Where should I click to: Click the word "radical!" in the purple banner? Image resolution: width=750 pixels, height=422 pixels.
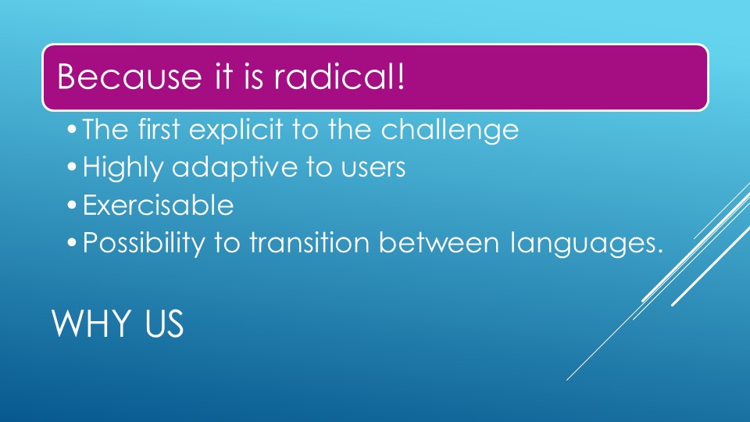pos(339,77)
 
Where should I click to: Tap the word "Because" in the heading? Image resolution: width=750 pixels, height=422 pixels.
pos(130,77)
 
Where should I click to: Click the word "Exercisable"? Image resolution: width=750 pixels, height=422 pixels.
pos(159,206)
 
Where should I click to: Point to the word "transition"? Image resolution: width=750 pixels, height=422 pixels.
pos(309,242)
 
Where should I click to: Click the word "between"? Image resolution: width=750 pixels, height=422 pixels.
pos(438,242)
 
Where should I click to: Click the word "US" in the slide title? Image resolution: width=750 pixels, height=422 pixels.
pos(164,324)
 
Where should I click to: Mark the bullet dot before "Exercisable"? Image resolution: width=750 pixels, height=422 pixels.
pos(72,206)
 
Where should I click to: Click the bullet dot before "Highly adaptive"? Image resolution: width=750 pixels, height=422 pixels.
pos(72,167)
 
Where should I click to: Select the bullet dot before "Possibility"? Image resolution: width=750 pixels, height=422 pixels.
pos(72,243)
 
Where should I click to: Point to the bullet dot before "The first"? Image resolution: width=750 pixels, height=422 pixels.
pos(72,130)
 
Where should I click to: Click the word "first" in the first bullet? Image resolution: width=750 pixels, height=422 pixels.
pos(159,129)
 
